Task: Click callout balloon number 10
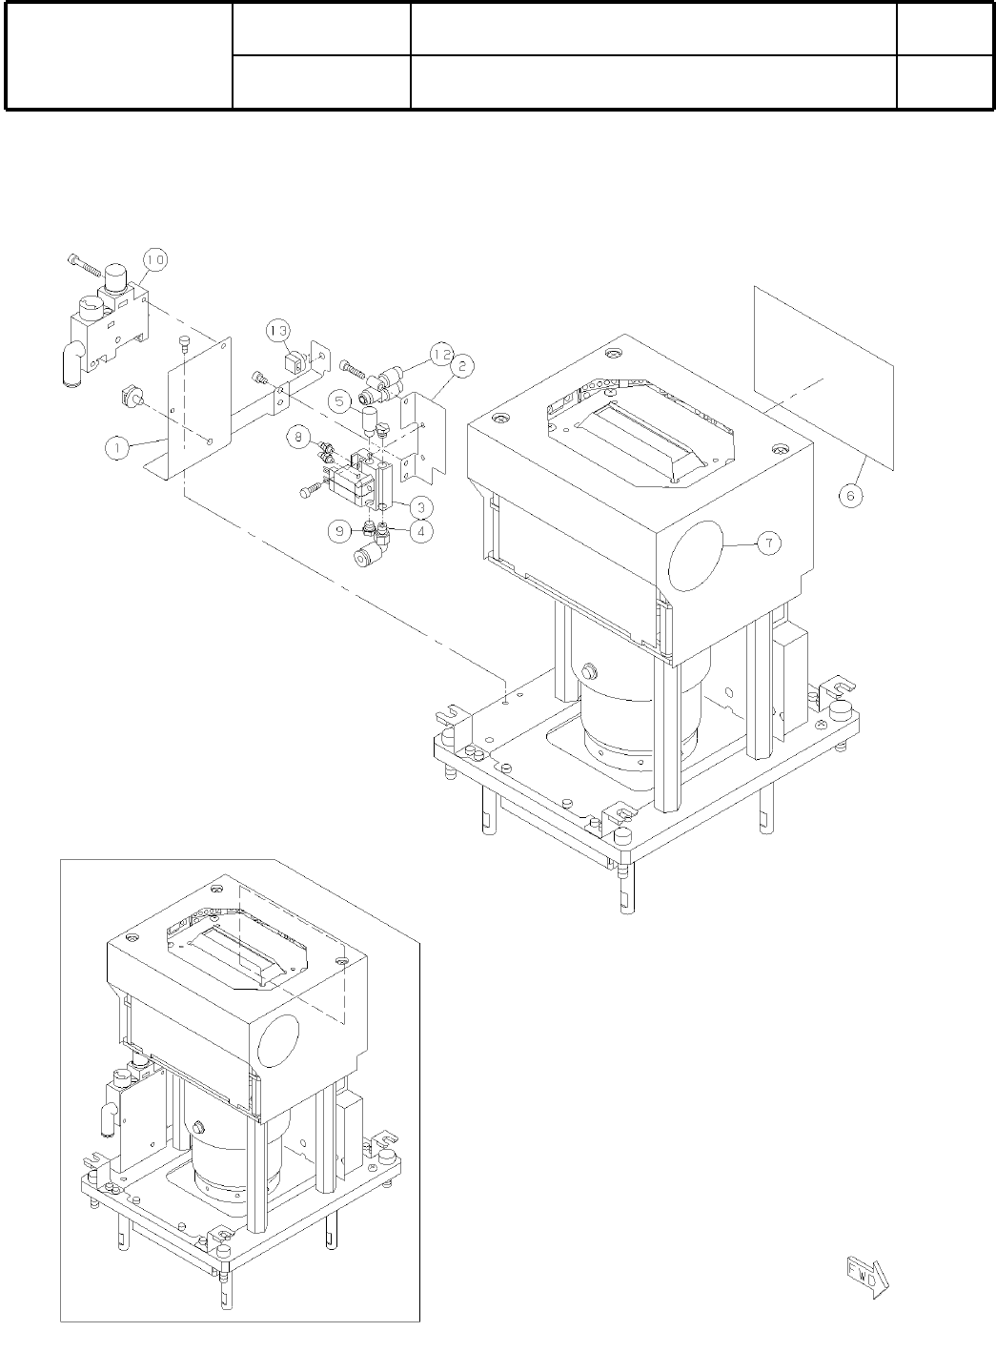pos(155,258)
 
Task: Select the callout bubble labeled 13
pos(278,331)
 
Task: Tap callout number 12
pos(439,352)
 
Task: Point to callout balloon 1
pos(117,444)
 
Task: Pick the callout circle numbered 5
pos(338,401)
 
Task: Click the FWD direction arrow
pos(865,1278)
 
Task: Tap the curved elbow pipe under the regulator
pos(71,361)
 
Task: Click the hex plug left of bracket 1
pos(131,395)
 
